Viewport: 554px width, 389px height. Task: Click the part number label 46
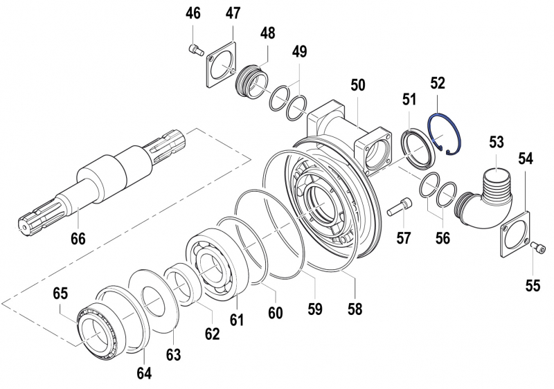tap(193, 14)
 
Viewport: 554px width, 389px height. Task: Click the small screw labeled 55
tap(538, 247)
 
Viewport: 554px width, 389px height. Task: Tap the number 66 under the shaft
tap(78, 239)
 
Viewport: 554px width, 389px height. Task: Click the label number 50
tap(358, 85)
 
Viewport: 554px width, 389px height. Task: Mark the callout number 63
tap(173, 355)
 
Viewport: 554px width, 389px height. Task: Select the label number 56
tap(442, 238)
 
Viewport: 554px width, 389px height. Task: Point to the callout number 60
tap(275, 312)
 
